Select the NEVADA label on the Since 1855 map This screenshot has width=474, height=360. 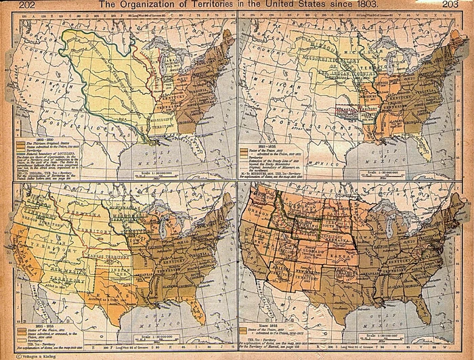coord(267,254)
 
